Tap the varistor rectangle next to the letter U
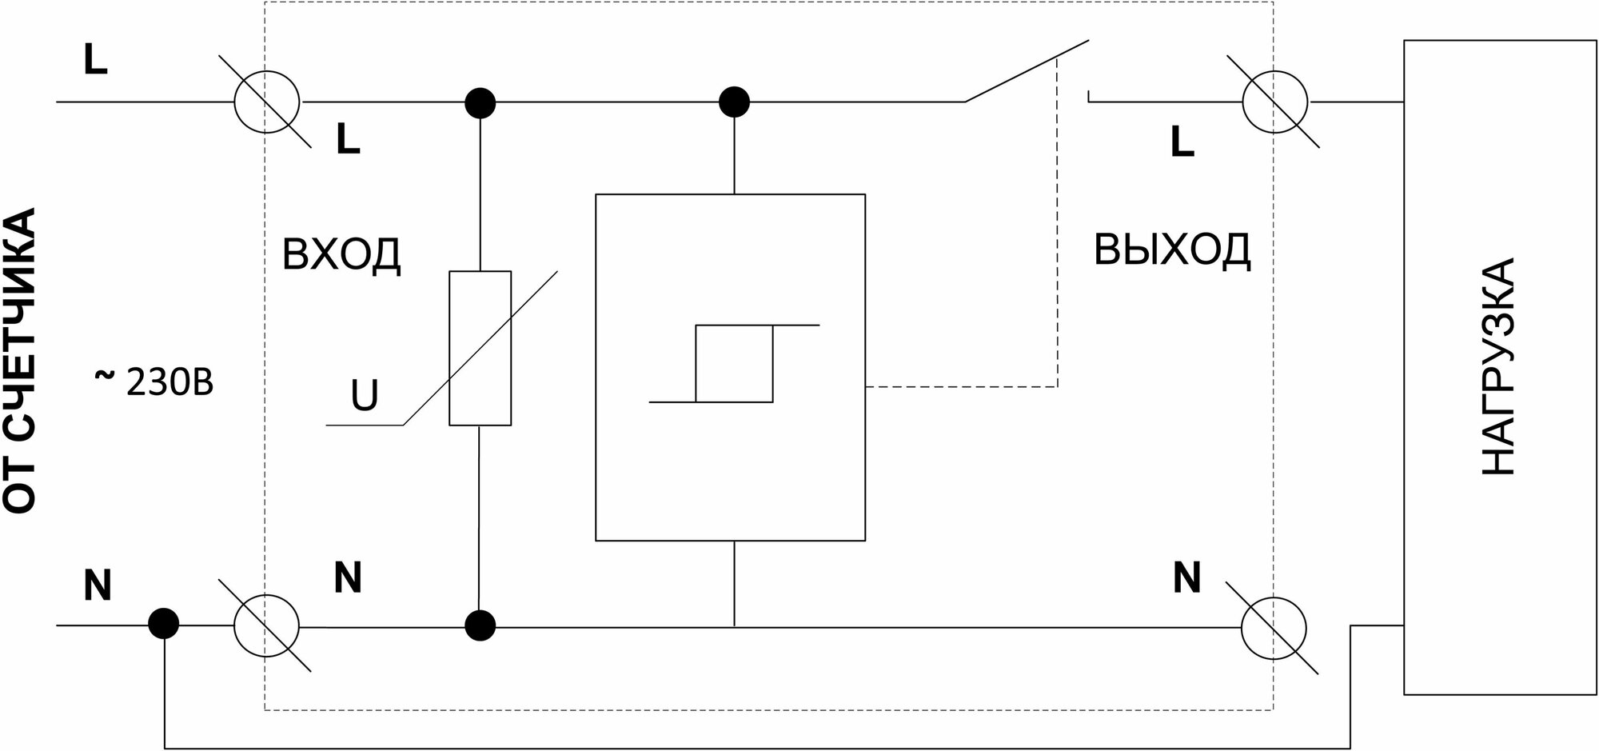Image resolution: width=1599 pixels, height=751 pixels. coord(480,348)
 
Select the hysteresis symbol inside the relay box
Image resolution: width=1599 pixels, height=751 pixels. coord(734,363)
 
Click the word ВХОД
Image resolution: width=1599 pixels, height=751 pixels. coord(341,255)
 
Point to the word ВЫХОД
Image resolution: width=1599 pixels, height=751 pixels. coord(1171,250)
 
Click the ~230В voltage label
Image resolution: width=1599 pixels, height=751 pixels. coord(155,383)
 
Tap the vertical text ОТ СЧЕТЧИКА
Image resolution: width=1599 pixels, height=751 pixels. coord(20,360)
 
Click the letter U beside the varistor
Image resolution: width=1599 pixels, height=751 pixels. coord(365,395)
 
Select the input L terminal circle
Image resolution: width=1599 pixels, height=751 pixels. coord(267,102)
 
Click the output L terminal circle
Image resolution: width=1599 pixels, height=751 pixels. coord(1274,102)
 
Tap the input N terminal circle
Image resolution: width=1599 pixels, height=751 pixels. coord(267,627)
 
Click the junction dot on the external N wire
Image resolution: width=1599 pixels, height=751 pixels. coord(164,623)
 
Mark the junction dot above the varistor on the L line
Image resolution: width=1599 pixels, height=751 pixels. coord(480,102)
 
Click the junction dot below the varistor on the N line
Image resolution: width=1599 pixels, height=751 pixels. coord(480,625)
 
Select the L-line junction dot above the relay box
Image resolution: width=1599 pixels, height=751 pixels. coord(734,102)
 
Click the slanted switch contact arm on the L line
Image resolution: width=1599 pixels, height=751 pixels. coord(1027,72)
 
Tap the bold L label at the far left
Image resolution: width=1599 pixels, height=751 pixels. coord(95,60)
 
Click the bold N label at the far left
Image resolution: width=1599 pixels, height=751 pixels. coord(98,586)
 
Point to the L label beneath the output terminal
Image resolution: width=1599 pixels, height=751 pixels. coord(1182,142)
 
